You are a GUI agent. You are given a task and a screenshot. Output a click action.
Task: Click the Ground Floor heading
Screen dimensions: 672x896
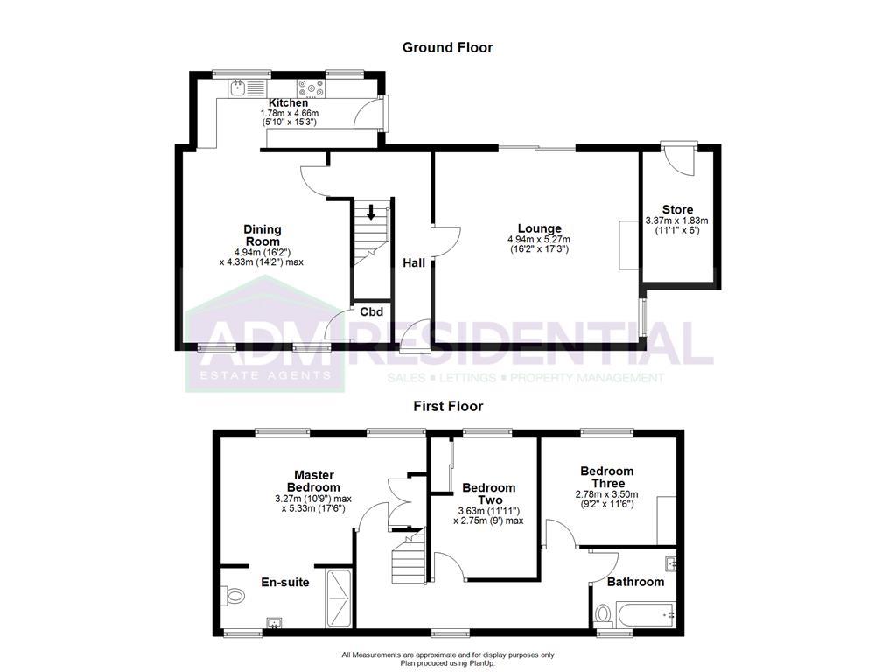coord(447,47)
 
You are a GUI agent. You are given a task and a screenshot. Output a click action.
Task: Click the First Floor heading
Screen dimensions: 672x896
coord(448,406)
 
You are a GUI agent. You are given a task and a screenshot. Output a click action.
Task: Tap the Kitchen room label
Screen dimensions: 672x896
coord(288,102)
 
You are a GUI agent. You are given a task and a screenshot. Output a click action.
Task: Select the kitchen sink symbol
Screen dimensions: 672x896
coord(238,87)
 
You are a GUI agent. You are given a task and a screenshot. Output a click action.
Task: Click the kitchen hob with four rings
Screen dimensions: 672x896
coord(311,87)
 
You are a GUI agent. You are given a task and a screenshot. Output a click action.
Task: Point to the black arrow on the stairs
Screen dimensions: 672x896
coord(371,212)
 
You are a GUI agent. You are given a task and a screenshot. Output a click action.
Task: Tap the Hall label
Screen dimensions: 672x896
coord(414,262)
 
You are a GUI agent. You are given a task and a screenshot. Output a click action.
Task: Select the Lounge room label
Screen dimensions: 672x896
coord(538,229)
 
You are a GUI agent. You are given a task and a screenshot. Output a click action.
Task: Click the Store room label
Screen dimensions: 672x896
coord(677,210)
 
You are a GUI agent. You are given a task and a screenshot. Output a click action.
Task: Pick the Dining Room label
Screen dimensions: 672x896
coord(262,235)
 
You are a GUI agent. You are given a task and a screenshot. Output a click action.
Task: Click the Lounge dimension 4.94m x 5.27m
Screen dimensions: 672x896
coord(538,240)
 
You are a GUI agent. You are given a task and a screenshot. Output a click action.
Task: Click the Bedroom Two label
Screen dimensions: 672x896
coord(488,493)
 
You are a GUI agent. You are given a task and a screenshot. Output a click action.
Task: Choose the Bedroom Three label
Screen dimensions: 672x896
coord(607,478)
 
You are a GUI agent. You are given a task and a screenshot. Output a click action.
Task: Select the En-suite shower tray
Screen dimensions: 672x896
coord(339,598)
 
